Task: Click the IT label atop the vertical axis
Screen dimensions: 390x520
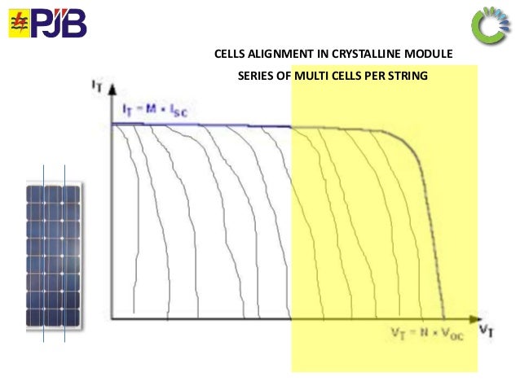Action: point(96,83)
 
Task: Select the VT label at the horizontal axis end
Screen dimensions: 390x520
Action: point(487,329)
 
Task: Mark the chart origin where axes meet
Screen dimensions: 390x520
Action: point(112,318)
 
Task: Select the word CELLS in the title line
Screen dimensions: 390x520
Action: point(230,55)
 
